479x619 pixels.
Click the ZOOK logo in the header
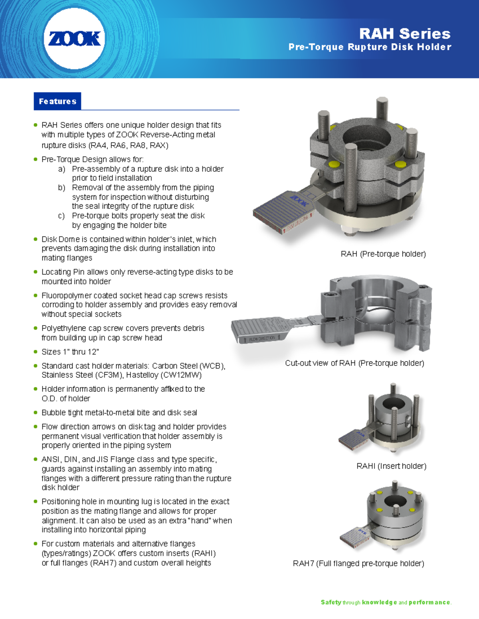pyautogui.click(x=74, y=39)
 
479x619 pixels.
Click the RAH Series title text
pyautogui.click(x=404, y=33)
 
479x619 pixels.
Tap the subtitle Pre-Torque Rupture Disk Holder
pyautogui.click(x=370, y=47)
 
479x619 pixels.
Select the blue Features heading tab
pyautogui.click(x=57, y=101)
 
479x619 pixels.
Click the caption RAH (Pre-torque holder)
pyautogui.click(x=383, y=254)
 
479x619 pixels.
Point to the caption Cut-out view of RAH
pyautogui.click(x=354, y=363)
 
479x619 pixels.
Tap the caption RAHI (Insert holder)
pyautogui.click(x=391, y=466)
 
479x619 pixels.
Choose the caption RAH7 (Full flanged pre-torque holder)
pyautogui.click(x=358, y=563)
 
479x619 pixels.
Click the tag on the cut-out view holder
pyautogui.click(x=259, y=331)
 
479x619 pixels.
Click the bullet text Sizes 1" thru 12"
pyautogui.click(x=70, y=352)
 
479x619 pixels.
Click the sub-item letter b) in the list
pyautogui.click(x=61, y=187)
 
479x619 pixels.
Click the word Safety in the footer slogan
pyautogui.click(x=331, y=602)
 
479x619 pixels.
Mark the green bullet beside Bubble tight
pyautogui.click(x=36, y=413)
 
